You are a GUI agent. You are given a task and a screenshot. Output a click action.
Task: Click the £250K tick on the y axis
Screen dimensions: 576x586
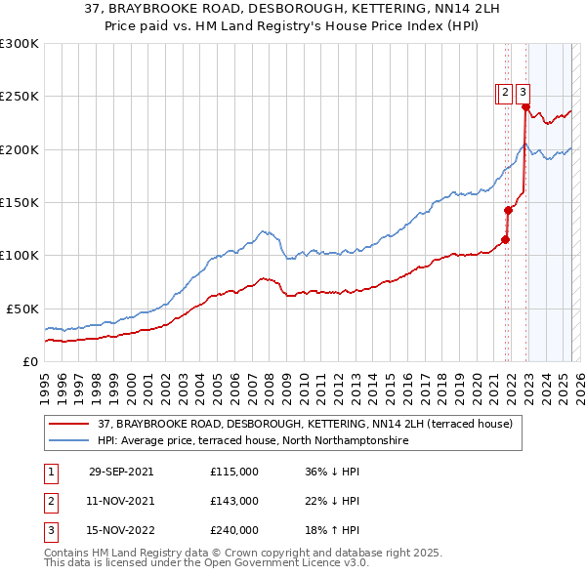pos(20,97)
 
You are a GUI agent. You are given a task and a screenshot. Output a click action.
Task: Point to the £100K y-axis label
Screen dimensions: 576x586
pos(20,256)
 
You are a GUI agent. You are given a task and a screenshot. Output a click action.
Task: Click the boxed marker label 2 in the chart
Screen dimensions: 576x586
pos(505,93)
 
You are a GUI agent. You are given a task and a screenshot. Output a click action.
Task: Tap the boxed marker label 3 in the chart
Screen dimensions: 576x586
pos(523,93)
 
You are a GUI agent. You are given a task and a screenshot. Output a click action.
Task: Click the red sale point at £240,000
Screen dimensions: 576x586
pos(525,107)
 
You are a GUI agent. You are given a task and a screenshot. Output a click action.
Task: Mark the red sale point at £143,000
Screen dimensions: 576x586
pos(509,210)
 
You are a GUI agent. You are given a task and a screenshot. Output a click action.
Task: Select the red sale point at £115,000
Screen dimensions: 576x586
pos(506,239)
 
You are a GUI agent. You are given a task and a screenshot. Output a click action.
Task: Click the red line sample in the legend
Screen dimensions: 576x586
pos(68,424)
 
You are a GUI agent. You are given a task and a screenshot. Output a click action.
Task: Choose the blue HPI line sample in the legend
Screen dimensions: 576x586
pos(68,440)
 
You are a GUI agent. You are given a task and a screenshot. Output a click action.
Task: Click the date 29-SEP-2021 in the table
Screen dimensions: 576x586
pos(121,472)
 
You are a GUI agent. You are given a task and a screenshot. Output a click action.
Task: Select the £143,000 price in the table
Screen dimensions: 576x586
pos(234,501)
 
